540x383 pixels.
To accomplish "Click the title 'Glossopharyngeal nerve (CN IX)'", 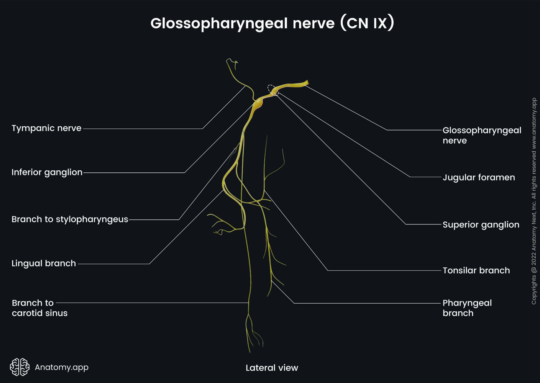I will [272, 23].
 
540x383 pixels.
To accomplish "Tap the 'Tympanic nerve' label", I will [46, 128].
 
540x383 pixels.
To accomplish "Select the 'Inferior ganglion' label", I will [47, 172].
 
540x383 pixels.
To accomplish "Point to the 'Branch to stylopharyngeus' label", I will [70, 219].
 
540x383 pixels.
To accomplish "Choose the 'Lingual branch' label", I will [44, 264].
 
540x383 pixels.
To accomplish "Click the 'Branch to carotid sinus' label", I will [39, 308].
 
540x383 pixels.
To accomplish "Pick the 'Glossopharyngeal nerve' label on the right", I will [481, 135].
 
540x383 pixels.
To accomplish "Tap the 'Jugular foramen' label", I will [479, 177].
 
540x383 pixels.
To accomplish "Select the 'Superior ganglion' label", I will [481, 225].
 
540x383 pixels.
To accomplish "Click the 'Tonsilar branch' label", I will [476, 270].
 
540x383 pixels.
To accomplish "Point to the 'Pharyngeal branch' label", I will [467, 308].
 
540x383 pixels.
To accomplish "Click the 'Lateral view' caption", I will [272, 368].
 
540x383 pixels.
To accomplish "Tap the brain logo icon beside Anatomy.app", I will [20, 367].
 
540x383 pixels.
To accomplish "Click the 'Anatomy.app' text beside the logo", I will [62, 367].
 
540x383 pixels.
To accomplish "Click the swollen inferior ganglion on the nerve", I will [258, 103].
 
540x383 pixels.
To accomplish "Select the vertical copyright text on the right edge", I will [534, 201].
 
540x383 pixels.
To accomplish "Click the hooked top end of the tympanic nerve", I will [231, 61].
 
